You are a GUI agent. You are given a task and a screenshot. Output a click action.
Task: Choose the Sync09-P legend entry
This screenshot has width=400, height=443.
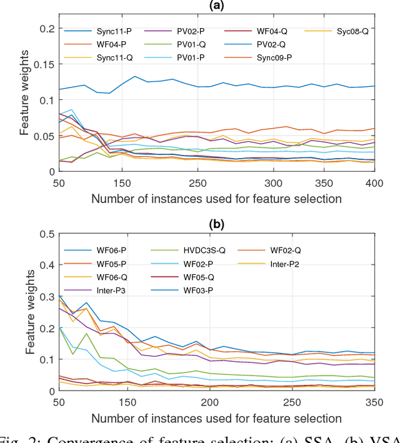coord(262,58)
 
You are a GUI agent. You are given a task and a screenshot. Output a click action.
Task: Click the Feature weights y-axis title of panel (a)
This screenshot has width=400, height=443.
coord(24,99)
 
